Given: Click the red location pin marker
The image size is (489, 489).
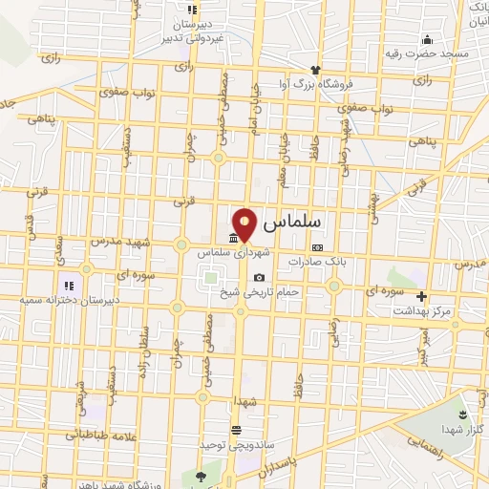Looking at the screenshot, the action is pyautogui.click(x=245, y=223).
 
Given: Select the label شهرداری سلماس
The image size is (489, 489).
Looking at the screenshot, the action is pyautogui.click(x=229, y=253).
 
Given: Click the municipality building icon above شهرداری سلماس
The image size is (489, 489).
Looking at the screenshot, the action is pyautogui.click(x=234, y=239).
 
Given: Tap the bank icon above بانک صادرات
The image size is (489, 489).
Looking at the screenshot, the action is pyautogui.click(x=317, y=247).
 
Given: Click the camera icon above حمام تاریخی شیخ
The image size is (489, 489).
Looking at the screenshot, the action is pyautogui.click(x=259, y=278).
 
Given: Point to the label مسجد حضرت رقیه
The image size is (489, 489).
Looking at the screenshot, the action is pyautogui.click(x=435, y=53).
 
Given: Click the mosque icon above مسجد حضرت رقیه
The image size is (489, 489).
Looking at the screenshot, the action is pyautogui.click(x=427, y=39).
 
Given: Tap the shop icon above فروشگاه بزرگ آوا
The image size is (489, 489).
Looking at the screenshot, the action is pyautogui.click(x=314, y=70).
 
